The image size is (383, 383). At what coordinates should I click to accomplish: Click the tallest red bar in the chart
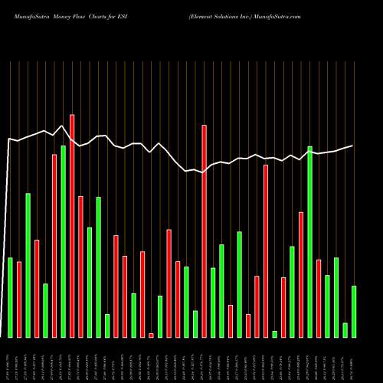point(72,226)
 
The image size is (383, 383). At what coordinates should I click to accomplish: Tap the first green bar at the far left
point(11,297)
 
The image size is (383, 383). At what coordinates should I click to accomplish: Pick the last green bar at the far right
point(354,311)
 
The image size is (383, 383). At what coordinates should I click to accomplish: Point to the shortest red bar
point(152,335)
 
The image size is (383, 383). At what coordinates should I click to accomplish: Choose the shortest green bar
point(275,334)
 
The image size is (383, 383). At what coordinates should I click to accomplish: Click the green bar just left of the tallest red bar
point(64,241)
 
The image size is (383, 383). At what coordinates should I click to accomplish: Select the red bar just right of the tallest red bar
point(81,267)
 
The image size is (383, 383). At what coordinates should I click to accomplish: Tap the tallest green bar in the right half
point(310,241)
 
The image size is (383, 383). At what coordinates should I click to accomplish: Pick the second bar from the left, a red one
point(19,300)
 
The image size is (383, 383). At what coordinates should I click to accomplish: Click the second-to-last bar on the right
point(345,330)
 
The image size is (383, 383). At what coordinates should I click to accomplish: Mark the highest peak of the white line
point(61,126)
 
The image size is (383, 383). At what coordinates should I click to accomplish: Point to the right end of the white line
point(352,146)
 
